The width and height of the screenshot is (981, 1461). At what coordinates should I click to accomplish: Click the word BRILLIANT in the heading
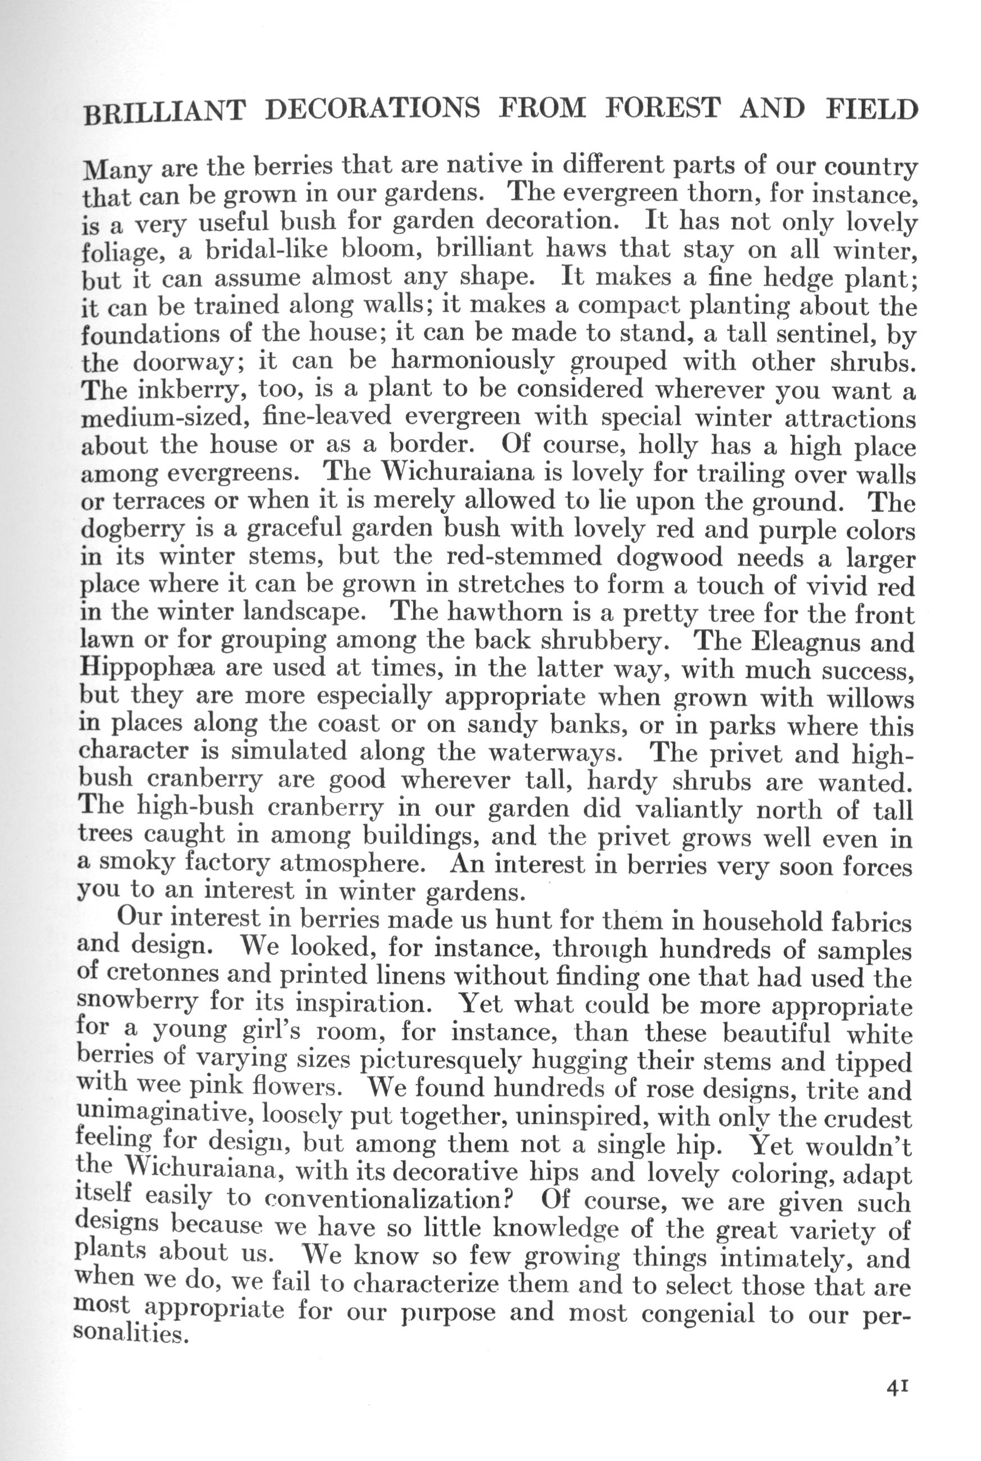coord(164,111)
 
